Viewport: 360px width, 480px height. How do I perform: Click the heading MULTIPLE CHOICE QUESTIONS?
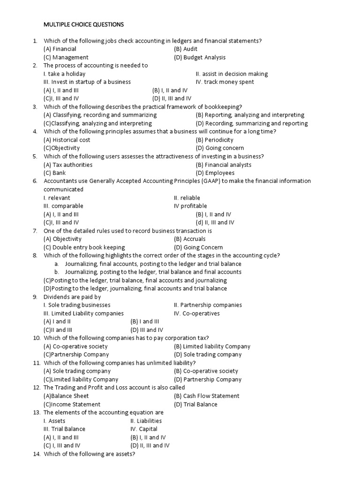click(x=84, y=24)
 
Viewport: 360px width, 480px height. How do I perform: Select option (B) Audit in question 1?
click(x=186, y=49)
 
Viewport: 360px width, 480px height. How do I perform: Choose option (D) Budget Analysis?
click(x=199, y=57)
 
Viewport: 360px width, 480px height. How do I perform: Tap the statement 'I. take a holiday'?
click(x=64, y=74)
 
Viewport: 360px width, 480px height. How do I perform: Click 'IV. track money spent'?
click(x=225, y=82)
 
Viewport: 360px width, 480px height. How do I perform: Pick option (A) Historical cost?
click(x=67, y=140)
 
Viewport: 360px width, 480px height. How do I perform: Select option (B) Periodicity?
click(x=215, y=140)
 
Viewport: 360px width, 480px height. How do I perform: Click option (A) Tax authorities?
click(x=68, y=165)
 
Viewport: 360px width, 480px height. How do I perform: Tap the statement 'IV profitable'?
click(x=190, y=206)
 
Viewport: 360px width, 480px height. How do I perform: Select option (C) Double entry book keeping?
click(x=84, y=247)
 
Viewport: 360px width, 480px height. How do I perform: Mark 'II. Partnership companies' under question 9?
click(x=208, y=305)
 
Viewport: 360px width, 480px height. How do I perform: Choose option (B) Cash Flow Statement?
click(x=206, y=396)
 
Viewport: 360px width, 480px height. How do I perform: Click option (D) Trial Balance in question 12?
click(x=195, y=404)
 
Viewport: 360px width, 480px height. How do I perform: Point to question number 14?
click(x=37, y=454)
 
